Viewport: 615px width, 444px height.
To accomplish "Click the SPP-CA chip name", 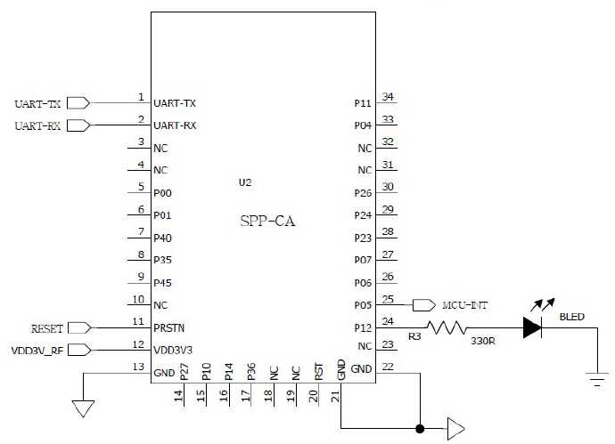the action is pos(267,222).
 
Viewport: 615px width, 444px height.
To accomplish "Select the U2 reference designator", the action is pos(245,182).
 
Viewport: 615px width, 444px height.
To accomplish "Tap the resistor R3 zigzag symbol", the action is pos(447,327).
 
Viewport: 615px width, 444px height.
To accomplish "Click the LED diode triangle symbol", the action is pos(533,327).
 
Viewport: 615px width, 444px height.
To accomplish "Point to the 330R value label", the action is pos(483,341).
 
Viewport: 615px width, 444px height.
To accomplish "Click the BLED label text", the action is pos(572,317).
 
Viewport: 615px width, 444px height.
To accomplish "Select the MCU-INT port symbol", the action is pos(424,305).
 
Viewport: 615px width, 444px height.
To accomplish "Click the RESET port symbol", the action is pos(79,327).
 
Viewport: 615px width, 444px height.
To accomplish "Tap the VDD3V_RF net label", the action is pos(37,351).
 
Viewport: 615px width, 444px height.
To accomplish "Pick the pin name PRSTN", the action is pos(169,327).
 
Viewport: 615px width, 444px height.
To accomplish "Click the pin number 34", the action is pos(388,96).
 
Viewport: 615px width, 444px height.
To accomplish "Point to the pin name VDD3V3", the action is pos(173,350).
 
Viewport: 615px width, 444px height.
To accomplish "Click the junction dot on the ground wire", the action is pos(420,429).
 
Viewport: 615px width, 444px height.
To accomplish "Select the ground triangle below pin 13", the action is pos(83,408).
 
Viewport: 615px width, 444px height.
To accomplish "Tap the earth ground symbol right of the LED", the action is pos(597,379).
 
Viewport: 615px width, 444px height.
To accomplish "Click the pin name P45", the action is pos(162,283).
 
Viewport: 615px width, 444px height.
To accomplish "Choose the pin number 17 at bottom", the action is pos(246,395).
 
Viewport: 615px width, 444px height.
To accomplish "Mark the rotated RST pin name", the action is pos(318,372).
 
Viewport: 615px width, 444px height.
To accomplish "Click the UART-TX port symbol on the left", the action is pos(78,103).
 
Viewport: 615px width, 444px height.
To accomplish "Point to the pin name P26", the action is pos(363,193).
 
